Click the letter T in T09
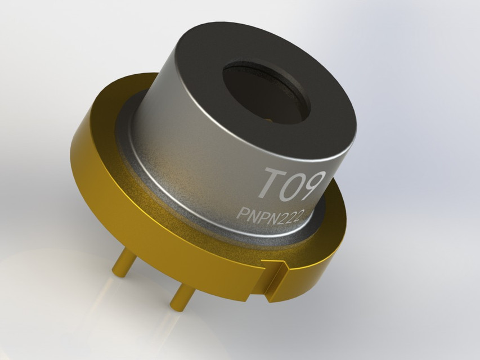pos(270,184)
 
